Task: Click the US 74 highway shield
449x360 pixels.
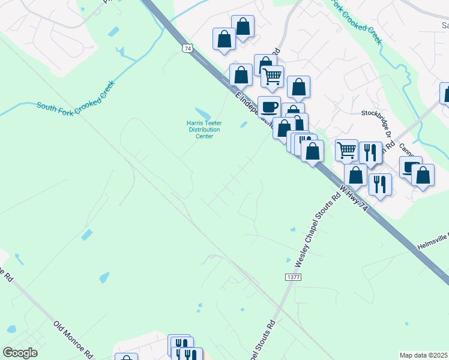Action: click(x=188, y=48)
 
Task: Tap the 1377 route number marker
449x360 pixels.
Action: click(x=292, y=278)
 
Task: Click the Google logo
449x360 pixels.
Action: click(x=20, y=352)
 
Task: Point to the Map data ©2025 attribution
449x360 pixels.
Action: click(x=424, y=355)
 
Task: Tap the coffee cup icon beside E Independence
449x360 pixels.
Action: click(x=269, y=106)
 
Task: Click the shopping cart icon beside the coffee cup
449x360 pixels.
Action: click(x=273, y=76)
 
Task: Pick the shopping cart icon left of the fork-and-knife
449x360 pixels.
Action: click(x=347, y=151)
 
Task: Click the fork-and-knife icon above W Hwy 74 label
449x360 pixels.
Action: click(x=380, y=184)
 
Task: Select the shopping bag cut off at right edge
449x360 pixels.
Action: click(x=445, y=94)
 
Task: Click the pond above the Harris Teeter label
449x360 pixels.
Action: click(x=203, y=113)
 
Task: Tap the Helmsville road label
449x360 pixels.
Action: click(x=433, y=240)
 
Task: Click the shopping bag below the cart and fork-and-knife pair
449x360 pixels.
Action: click(x=356, y=175)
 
